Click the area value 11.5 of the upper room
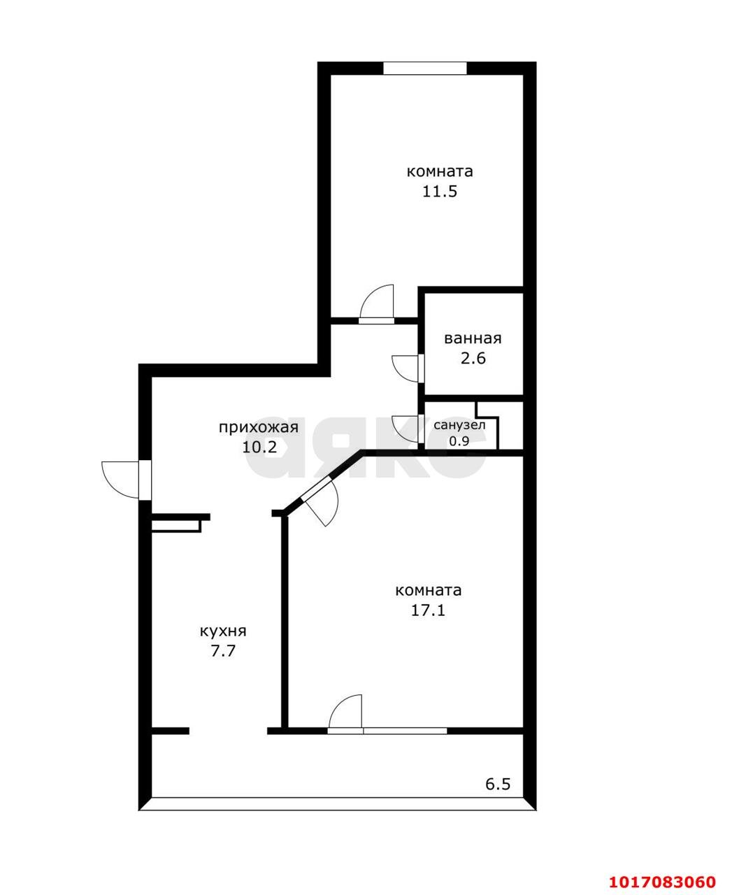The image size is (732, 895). coord(439,192)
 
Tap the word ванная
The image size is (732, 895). coord(473,338)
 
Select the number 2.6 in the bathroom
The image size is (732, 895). coord(473,359)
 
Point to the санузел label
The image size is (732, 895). coord(459,425)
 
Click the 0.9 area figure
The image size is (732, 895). coord(459,441)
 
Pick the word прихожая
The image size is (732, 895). coord(259,428)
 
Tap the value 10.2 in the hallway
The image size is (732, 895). coord(259,447)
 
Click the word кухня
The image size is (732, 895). coord(223,631)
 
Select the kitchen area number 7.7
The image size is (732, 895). coord(223,650)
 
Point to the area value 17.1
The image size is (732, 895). coord(428,610)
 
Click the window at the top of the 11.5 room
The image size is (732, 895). coord(425,69)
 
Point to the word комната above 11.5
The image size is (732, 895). coord(440,172)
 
